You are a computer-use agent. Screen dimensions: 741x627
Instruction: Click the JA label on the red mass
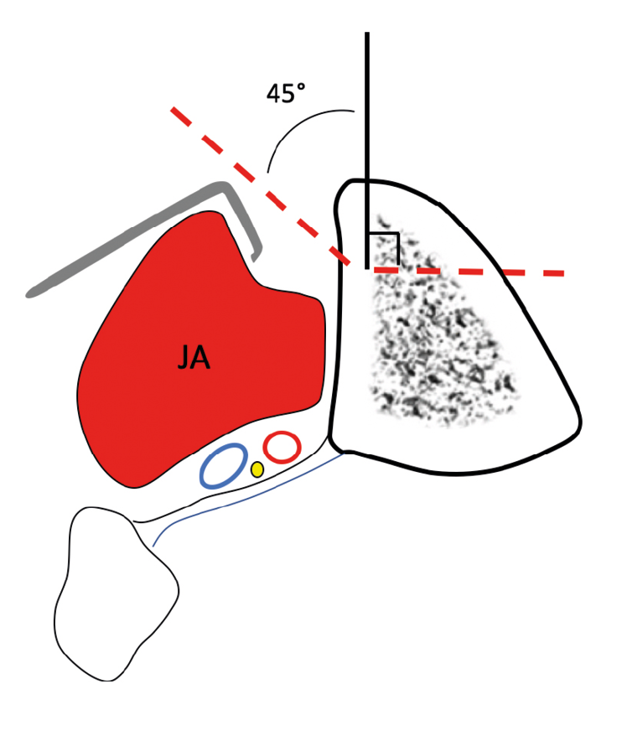[x=194, y=359]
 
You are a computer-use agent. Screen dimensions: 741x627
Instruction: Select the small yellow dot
[x=257, y=469]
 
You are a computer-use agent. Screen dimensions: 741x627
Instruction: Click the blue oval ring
[x=223, y=466]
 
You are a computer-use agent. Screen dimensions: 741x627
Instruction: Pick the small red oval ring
[x=282, y=447]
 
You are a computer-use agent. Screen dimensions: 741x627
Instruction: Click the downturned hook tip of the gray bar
[x=256, y=248]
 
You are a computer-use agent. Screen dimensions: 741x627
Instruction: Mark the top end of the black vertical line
[x=367, y=34]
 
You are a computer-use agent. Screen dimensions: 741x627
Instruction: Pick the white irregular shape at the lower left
[x=113, y=595]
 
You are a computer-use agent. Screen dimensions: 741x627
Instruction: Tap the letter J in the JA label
[x=184, y=359]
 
